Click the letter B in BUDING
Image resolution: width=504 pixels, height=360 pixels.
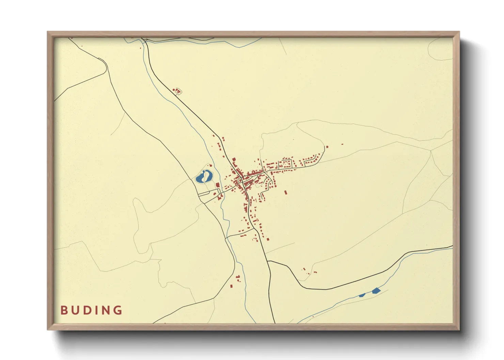click(x=63, y=310)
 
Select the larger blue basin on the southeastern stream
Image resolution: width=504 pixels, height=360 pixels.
click(x=376, y=291)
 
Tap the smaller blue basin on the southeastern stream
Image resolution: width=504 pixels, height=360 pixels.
click(x=362, y=295)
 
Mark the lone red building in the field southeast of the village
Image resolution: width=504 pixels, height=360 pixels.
click(x=286, y=193)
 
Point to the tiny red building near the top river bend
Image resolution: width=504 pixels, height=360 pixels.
click(x=140, y=48)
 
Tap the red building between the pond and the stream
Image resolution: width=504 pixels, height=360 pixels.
click(x=217, y=185)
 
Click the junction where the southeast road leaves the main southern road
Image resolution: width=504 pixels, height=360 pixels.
click(x=268, y=261)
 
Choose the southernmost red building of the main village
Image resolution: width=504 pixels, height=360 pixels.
click(x=268, y=239)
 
